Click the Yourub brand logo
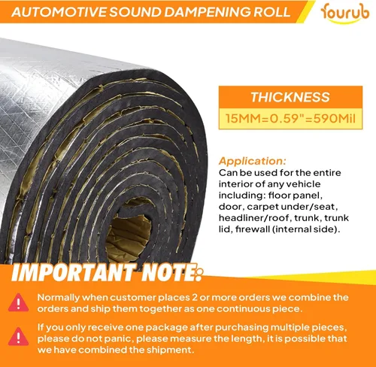pos(344,14)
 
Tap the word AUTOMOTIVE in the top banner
pos(59,12)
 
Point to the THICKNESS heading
pos(290,97)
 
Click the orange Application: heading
pos(252,161)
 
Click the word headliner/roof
pos(253,217)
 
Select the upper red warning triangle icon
pos(18,302)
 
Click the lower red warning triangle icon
pos(18,336)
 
